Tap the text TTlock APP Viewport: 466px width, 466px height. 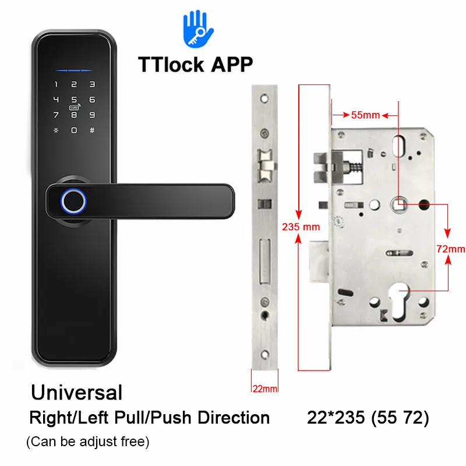coord(195,64)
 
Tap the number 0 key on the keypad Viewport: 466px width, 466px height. coord(74,129)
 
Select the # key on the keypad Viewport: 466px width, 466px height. coord(92,129)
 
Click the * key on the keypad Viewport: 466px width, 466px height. coord(56,129)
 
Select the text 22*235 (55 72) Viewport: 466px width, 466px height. coord(368,418)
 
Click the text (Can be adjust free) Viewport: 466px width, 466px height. coord(88,442)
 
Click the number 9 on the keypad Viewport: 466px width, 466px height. coord(92,115)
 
